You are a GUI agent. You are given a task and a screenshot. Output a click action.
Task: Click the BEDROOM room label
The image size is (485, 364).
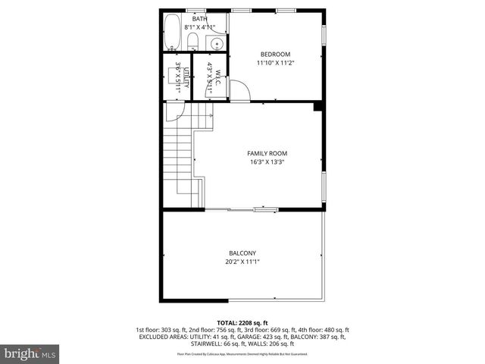275,54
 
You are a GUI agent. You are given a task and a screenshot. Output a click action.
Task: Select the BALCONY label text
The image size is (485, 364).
242,253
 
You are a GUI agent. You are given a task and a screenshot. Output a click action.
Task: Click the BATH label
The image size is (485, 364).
199,19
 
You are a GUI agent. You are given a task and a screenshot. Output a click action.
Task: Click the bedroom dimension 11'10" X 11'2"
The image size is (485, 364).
275,63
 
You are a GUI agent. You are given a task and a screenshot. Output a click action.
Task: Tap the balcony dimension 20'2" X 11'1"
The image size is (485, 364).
242,262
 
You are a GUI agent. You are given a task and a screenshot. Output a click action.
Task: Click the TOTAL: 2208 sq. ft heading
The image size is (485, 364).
242,322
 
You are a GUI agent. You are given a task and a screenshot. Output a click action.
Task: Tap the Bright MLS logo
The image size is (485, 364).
30,353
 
